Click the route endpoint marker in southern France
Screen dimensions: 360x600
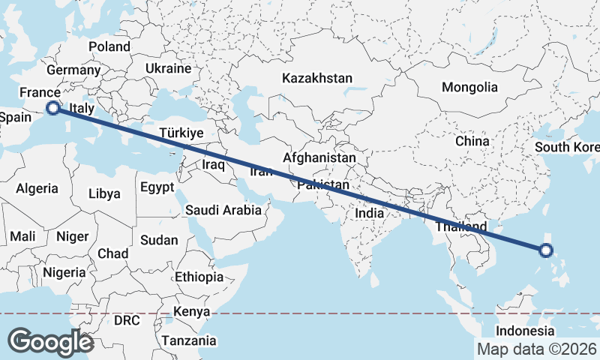coord(53,108)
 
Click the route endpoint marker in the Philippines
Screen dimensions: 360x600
coord(547,250)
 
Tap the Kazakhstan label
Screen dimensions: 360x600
coord(317,78)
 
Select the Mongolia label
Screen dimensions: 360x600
coord(469,87)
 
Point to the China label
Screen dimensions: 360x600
coord(472,140)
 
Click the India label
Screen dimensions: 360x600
coord(369,213)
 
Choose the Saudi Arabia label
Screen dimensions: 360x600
coord(224,210)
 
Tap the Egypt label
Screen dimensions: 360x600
coord(157,187)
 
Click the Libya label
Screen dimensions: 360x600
coord(104,193)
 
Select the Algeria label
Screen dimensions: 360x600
coord(37,188)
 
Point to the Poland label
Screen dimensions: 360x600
coord(109,46)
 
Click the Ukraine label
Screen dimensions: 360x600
coord(169,68)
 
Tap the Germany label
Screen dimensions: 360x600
coord(73,70)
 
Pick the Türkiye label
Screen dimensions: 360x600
coord(181,133)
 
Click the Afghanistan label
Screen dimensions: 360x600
coord(319,158)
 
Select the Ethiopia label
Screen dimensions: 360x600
coord(199,277)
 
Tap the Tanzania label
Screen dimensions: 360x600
coord(188,340)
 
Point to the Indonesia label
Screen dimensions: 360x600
coord(525,331)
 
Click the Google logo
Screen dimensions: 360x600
coord(51,342)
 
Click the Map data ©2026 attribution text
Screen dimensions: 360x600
coord(536,349)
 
